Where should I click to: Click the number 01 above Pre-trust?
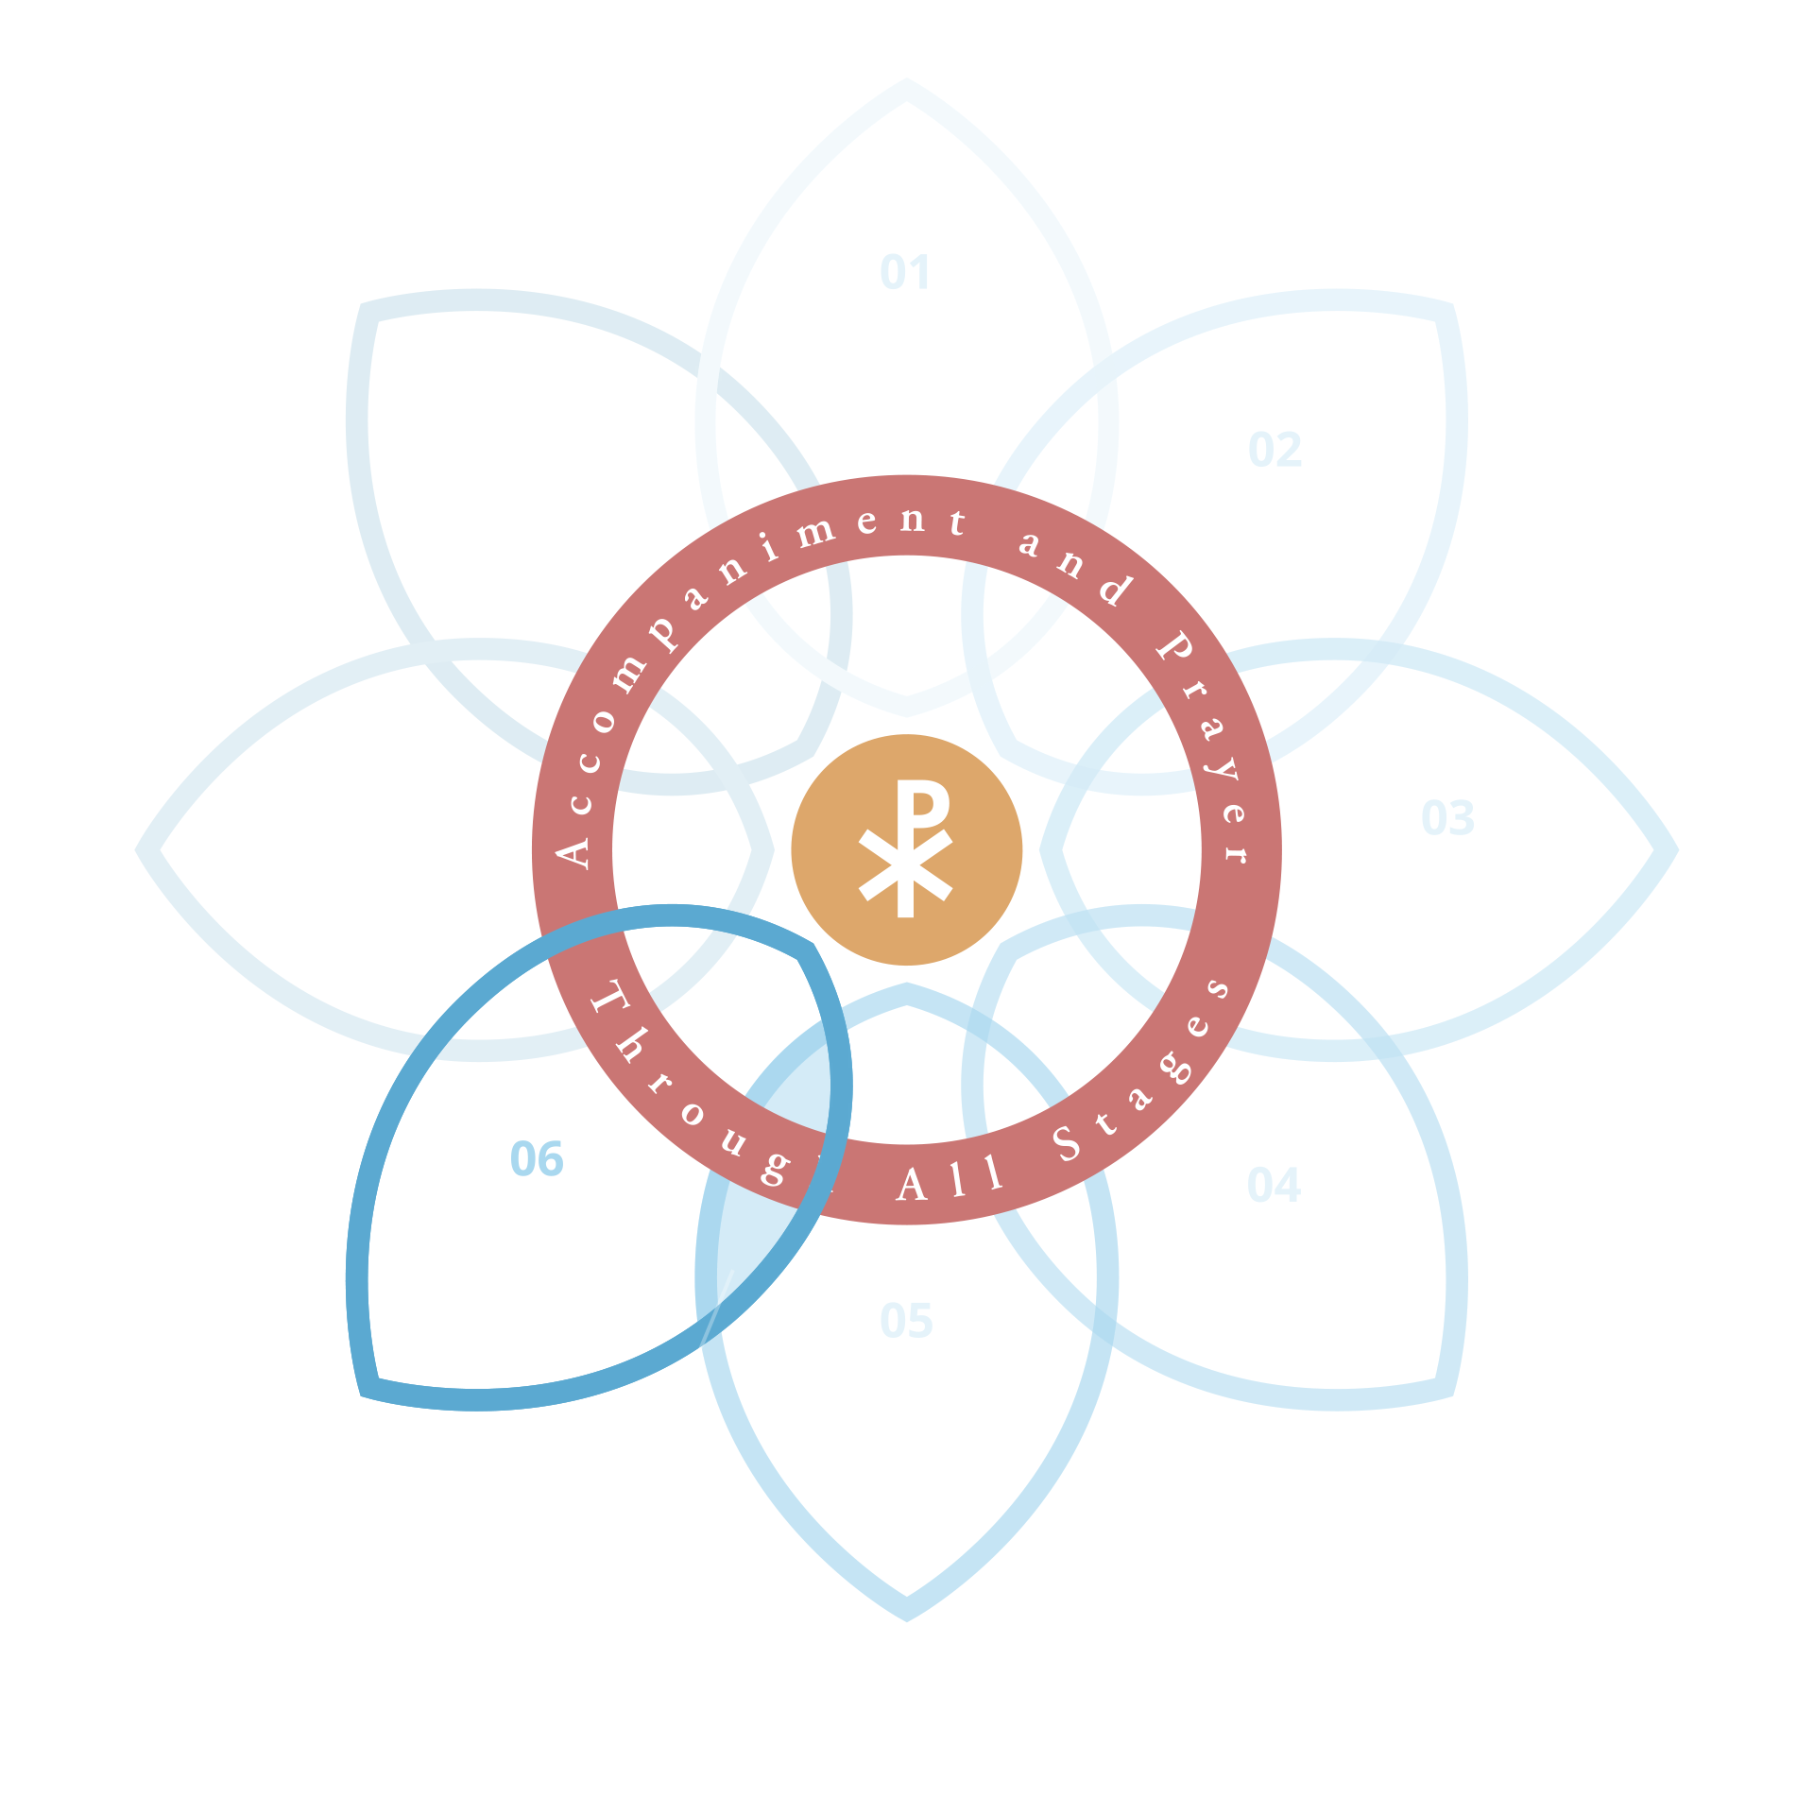pos(905,272)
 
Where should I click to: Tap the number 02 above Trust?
pos(1275,449)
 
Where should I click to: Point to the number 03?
pos(1446,817)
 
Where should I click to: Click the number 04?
pos(1273,1184)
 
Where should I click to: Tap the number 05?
pos(906,1320)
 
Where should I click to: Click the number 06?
pos(537,1158)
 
